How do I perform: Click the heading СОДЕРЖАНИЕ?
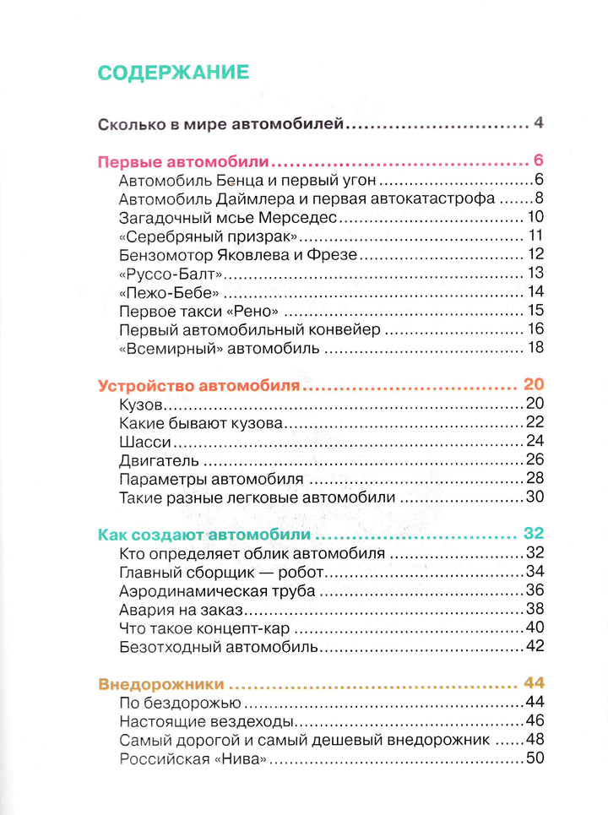(x=173, y=72)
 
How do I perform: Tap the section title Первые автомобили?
(x=183, y=161)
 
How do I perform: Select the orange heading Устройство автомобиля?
(x=199, y=385)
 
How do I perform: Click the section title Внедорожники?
(x=160, y=683)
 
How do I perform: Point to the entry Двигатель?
(x=159, y=460)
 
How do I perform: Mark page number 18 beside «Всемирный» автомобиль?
(x=535, y=347)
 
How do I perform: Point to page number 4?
(x=538, y=124)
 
